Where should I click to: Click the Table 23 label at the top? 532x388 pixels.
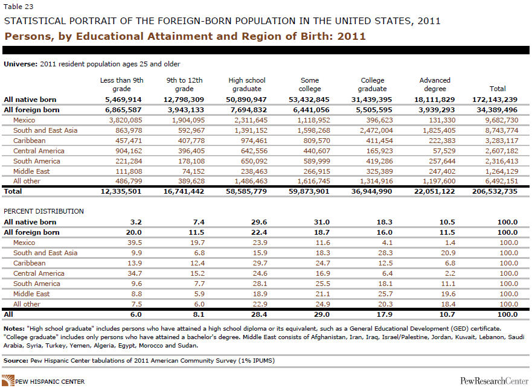[19, 7]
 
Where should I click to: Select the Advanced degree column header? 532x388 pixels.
[435, 84]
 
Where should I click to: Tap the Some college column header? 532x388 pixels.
[310, 84]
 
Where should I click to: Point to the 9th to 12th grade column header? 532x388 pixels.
[184, 84]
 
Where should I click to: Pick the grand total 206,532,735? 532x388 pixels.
[495, 191]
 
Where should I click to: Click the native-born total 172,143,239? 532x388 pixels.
[495, 100]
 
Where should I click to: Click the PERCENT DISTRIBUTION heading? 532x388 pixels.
[43, 211]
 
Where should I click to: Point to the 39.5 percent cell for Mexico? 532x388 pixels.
[135, 243]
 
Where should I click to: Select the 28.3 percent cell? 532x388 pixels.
[385, 253]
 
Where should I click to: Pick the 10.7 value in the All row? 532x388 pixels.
[447, 314]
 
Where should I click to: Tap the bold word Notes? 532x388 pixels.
[14, 329]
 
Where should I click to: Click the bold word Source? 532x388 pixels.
[16, 360]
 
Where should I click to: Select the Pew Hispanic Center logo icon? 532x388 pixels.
[8, 381]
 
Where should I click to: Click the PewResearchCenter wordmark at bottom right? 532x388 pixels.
[494, 381]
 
